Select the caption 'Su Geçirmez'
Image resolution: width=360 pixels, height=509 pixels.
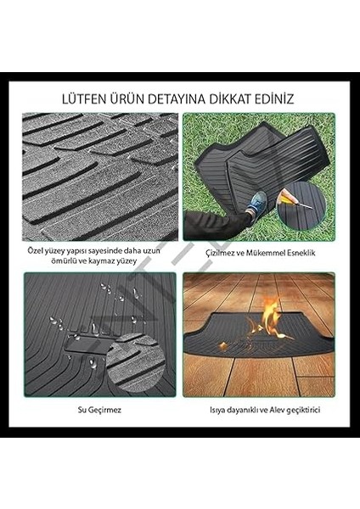click(99, 411)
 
